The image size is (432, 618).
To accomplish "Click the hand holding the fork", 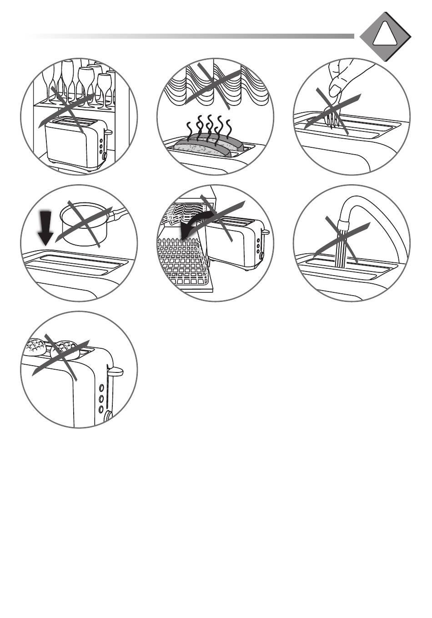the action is pyautogui.click(x=346, y=77).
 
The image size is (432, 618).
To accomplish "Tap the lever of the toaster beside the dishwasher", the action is pyautogui.click(x=264, y=232).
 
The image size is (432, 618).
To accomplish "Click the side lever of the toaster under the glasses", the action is pyautogui.click(x=108, y=132).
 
